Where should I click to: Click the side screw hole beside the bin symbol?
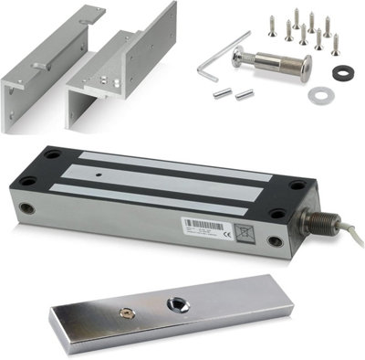[276, 241]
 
